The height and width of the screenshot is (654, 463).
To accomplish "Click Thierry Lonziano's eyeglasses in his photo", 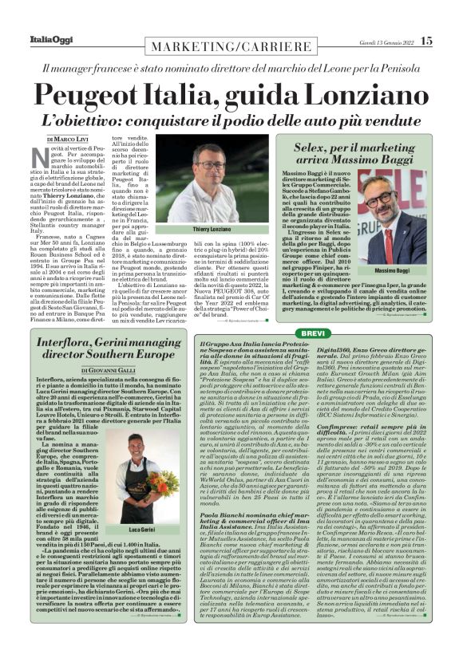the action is click(215, 167).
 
